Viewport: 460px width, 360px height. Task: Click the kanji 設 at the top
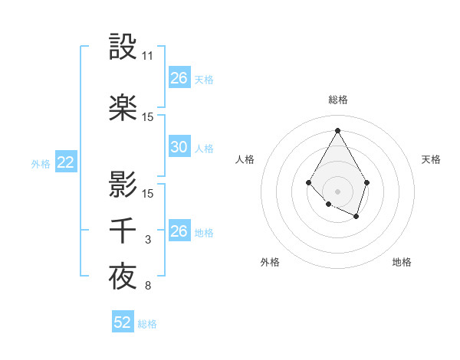(123, 47)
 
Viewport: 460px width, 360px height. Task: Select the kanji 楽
(123, 108)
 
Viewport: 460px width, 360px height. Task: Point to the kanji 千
(123, 231)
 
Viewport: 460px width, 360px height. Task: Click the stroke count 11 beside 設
(148, 57)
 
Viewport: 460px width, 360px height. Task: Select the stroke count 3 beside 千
(148, 241)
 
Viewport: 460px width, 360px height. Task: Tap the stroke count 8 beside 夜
(148, 286)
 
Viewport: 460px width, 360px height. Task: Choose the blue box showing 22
(65, 162)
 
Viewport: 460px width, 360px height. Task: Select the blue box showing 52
(123, 322)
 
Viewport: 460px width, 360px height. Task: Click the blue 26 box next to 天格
(179, 77)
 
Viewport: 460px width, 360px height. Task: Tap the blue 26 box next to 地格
(179, 231)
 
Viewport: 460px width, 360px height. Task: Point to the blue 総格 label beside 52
(147, 324)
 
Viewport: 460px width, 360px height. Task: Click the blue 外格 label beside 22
(41, 163)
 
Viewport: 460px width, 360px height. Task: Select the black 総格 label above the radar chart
(337, 100)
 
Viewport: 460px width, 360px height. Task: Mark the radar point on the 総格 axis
(337, 129)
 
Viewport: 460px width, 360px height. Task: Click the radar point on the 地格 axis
(356, 217)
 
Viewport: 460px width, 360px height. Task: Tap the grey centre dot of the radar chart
(337, 191)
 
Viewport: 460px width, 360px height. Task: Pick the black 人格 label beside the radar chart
(245, 159)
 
